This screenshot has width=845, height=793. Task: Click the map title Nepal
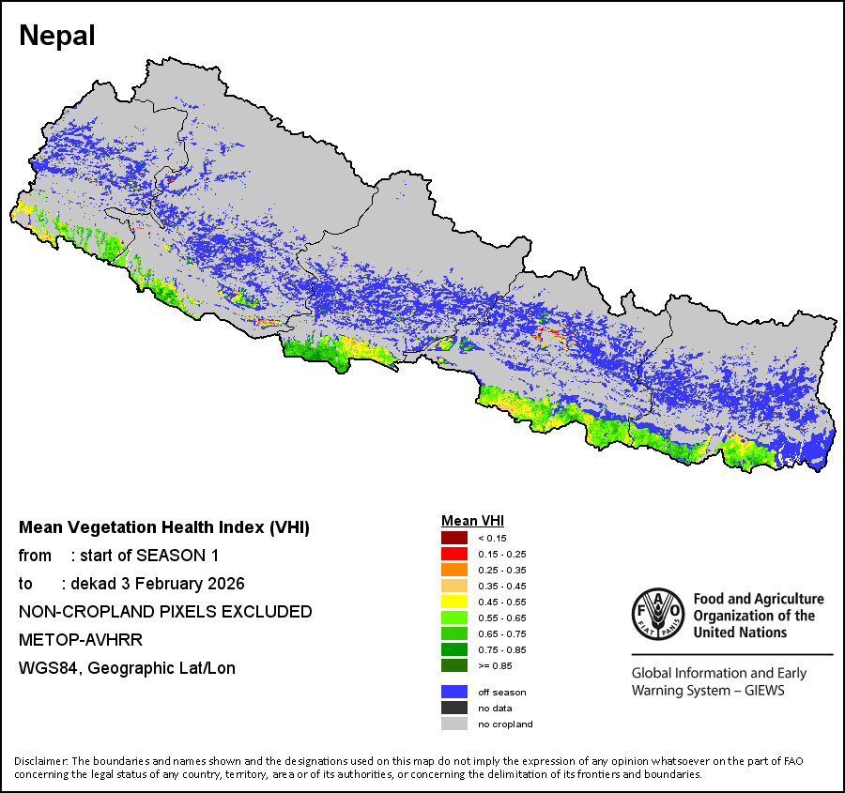coord(57,36)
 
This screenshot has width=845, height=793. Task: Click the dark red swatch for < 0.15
coord(454,538)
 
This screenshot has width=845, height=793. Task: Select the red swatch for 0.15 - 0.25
coord(454,554)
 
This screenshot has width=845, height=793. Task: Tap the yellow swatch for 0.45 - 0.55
coord(454,602)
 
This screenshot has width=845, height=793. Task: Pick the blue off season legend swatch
coord(454,692)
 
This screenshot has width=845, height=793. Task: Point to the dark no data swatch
coord(454,708)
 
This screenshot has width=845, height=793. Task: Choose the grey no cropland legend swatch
coord(454,724)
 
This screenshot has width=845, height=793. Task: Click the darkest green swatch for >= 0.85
coord(454,665)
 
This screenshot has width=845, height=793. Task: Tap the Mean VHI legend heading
coord(473,521)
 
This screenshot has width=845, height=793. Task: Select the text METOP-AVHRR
coord(69,640)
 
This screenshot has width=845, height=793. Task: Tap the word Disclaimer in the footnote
coord(40,760)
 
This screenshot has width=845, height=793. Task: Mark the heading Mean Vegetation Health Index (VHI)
coord(164,527)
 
